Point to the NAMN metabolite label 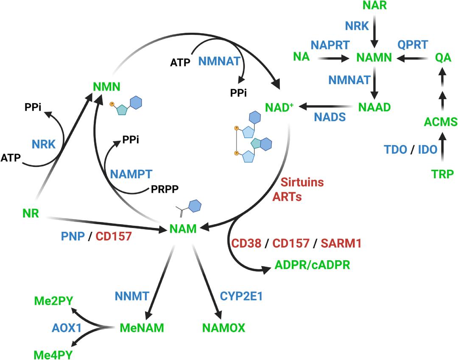coord(374,57)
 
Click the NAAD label coord(374,107)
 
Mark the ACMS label coord(441,122)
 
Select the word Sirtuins coord(302,182)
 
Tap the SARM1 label coord(341,244)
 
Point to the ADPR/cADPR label coord(313,265)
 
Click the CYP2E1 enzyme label coord(241,296)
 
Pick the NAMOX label coord(224,328)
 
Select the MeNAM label coord(142,328)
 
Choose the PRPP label coord(164,189)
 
